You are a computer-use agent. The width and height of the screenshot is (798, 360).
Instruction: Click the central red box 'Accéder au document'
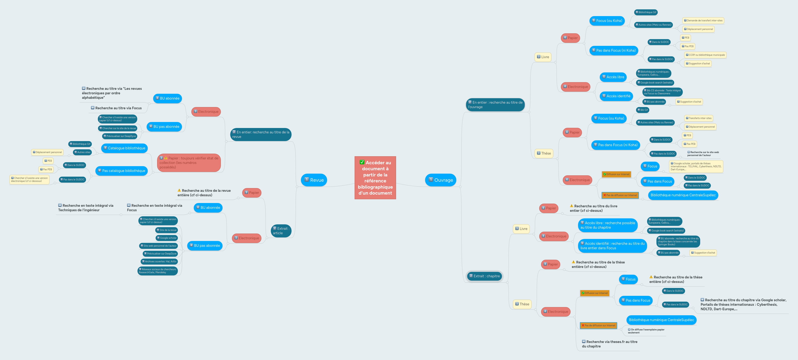375,178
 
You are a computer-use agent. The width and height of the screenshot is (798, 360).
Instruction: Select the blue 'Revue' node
314,180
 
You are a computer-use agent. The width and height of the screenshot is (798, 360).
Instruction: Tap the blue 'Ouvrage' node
440,180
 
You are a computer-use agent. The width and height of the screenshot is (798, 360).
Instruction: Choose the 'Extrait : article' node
281,231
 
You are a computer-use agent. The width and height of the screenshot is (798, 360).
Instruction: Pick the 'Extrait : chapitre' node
485,276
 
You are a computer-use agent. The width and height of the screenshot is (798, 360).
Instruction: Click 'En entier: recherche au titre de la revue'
261,135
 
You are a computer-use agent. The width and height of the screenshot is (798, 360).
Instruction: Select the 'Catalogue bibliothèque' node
125,148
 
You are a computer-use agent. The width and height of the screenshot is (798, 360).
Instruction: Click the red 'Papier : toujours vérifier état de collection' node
189,163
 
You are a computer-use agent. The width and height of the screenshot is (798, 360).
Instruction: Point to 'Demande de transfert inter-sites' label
703,20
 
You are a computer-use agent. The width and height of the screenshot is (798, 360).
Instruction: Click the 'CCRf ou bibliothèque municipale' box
705,55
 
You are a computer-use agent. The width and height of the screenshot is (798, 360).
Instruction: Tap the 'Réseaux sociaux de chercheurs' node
158,271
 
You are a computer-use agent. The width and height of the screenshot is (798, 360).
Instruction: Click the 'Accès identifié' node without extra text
616,96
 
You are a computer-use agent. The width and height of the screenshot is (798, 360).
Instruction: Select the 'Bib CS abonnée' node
662,92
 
